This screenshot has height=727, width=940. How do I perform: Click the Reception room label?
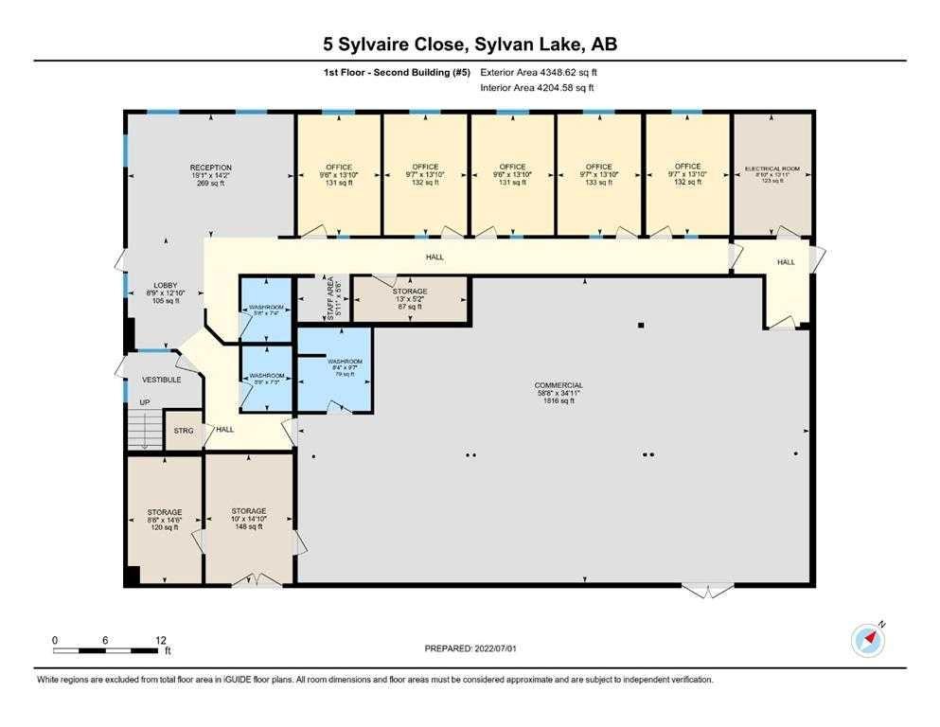210,175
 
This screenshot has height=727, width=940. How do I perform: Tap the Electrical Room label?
772,174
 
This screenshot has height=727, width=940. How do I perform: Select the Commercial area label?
558,393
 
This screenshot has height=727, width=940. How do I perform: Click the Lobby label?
167,292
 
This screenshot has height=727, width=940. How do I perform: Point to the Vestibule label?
161,380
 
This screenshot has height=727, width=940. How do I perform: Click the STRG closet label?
184,431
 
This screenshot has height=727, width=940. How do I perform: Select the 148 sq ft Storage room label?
249,519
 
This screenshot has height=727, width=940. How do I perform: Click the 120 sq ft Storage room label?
164,520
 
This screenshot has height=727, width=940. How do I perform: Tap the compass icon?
868,640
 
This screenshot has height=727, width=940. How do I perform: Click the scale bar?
107,650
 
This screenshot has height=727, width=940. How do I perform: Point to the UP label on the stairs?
145,403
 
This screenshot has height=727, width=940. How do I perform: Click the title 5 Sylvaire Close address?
470,44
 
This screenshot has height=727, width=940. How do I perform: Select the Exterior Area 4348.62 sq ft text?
539,72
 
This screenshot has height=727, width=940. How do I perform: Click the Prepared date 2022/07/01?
470,648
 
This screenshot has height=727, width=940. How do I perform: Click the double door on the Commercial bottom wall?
707,591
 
